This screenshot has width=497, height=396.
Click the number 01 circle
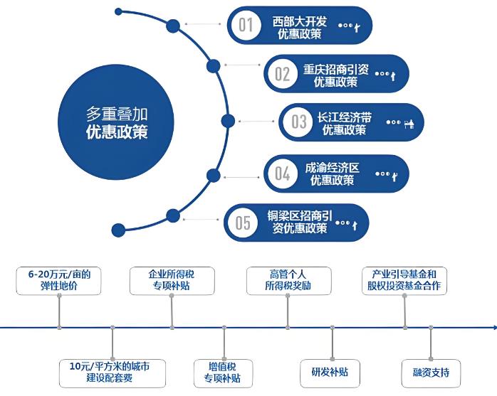click(x=246, y=26)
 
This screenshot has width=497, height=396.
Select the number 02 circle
click(x=283, y=74)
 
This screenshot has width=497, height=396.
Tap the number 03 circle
click(x=298, y=122)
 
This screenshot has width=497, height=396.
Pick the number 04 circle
click(x=283, y=173)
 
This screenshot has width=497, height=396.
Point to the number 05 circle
click(x=244, y=223)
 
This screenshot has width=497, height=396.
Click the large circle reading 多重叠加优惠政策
click(x=117, y=122)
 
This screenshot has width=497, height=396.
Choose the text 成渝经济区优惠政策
click(x=333, y=173)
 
